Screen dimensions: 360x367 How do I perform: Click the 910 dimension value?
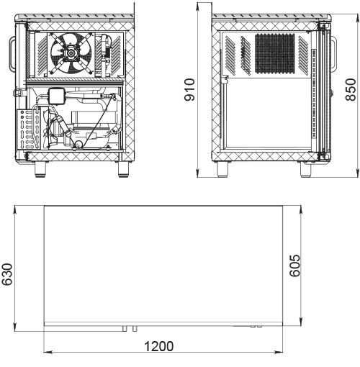(189, 90)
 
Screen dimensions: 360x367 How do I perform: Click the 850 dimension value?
(351, 90)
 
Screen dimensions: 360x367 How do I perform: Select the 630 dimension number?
(6, 274)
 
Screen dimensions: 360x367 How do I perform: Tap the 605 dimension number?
(294, 266)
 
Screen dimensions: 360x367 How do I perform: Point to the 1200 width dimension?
(158, 346)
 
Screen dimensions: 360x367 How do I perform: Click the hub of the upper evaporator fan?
(71, 53)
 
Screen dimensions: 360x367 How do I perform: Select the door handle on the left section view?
(12, 53)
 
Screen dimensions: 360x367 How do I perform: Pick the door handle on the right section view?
(334, 54)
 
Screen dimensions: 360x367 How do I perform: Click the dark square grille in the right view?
(274, 53)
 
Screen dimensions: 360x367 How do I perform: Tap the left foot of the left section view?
(40, 169)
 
